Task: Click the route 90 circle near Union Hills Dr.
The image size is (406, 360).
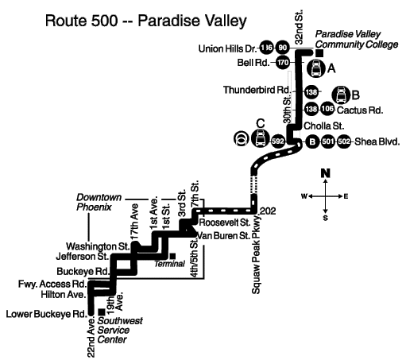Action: [283, 48]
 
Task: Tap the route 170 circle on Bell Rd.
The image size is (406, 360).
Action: [283, 63]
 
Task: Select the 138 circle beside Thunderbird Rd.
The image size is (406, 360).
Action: [311, 92]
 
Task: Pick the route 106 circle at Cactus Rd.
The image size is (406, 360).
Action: [327, 109]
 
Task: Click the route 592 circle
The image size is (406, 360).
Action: [277, 141]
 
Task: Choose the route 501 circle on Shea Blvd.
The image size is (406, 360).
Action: [328, 141]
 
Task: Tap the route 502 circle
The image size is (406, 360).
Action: [344, 141]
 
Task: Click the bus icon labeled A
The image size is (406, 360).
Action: [316, 68]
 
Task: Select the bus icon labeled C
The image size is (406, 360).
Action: [260, 138]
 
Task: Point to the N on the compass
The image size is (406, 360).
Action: [326, 173]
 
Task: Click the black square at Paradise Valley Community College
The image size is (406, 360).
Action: [319, 53]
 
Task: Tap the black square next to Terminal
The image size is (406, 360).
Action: [172, 256]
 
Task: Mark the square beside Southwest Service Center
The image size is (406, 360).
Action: [102, 312]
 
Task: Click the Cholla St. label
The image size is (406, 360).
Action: [323, 126]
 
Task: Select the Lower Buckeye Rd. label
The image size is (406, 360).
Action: [46, 314]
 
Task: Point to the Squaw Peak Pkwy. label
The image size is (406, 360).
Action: [256, 254]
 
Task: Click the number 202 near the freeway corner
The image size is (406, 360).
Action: [268, 211]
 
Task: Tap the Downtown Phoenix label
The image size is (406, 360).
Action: [99, 202]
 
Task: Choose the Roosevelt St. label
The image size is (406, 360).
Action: [225, 223]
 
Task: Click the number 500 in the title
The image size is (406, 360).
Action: [104, 21]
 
